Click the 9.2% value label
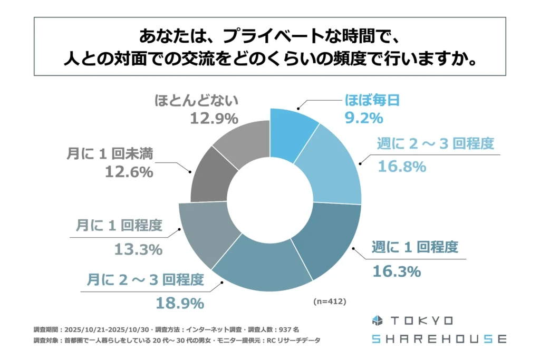tap(364, 119)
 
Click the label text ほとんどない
tap(197, 100)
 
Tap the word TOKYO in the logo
tap(422, 321)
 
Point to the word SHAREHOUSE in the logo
tap(438, 338)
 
